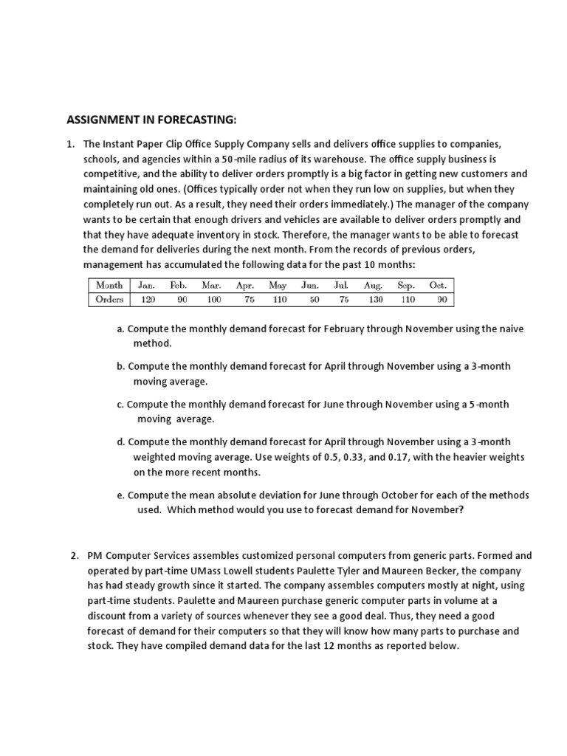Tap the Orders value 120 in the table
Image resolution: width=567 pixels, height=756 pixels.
pyautogui.click(x=148, y=299)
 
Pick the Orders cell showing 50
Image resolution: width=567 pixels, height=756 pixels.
pyautogui.click(x=315, y=299)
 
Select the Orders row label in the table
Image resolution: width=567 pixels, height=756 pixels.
pyautogui.click(x=109, y=299)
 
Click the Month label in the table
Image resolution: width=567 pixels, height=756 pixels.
pyautogui.click(x=109, y=285)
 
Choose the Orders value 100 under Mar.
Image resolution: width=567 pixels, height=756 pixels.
pyautogui.click(x=213, y=299)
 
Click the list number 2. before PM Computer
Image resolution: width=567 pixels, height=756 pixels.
pyautogui.click(x=74, y=555)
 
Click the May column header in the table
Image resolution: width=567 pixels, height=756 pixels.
pyautogui.click(x=278, y=285)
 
